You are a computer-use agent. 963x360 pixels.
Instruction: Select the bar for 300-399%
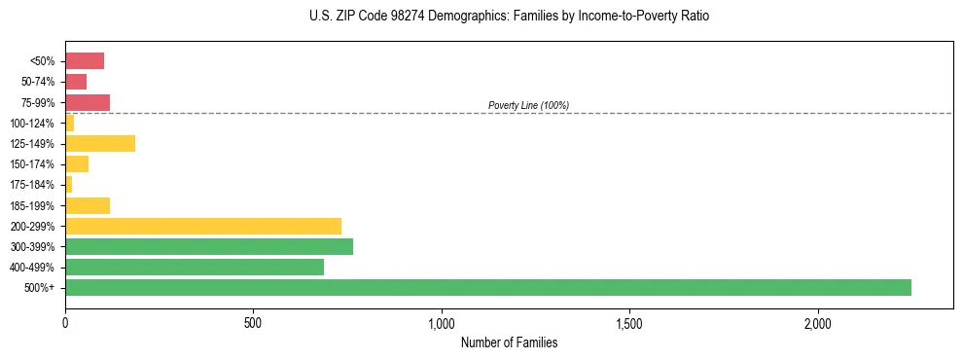click(x=209, y=246)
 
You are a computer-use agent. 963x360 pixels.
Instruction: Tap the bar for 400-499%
click(x=195, y=267)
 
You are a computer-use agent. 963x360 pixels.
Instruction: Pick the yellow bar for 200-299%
click(x=203, y=226)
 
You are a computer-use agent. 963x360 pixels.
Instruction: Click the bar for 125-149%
click(x=100, y=144)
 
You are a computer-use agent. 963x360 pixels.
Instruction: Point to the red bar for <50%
click(x=85, y=61)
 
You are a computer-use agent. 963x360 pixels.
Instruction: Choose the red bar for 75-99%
click(x=88, y=102)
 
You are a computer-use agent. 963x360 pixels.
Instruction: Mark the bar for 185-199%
click(x=88, y=205)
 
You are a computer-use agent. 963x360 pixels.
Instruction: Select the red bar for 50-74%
click(x=76, y=82)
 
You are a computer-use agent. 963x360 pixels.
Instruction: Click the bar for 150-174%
click(x=77, y=164)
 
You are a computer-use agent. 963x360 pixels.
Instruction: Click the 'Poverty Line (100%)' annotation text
click(x=528, y=105)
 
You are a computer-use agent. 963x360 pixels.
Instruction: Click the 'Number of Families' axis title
click(x=509, y=342)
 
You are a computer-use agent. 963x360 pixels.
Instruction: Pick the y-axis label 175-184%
click(x=32, y=185)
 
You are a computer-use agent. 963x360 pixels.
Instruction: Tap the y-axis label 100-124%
click(x=32, y=124)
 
